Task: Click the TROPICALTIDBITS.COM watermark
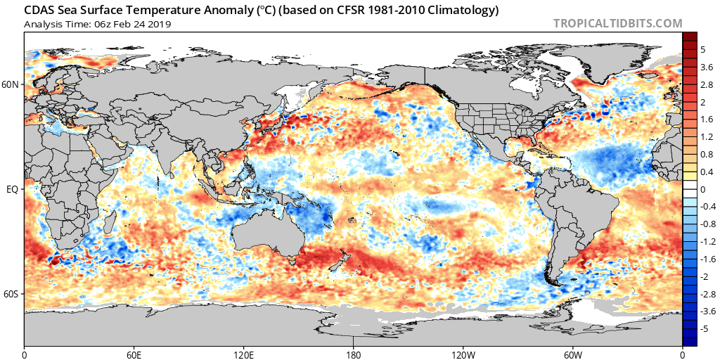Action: pos(617,23)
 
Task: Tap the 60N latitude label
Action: pos(11,84)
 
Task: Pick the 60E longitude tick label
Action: pos(134,354)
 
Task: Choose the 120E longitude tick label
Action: pos(244,354)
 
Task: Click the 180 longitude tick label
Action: pos(354,354)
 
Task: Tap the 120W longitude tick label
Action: pos(463,354)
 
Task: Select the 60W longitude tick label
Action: pos(573,354)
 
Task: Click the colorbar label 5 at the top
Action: pos(703,50)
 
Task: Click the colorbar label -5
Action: pos(705,328)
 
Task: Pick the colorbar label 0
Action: pos(703,189)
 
